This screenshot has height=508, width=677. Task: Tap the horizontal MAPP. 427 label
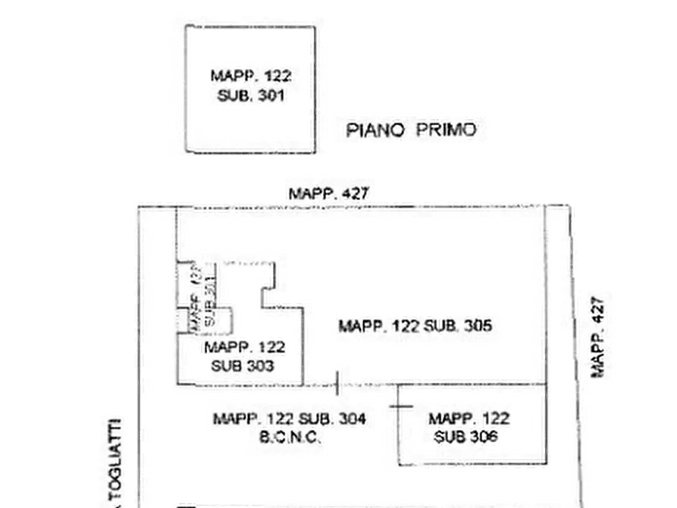pyautogui.click(x=328, y=193)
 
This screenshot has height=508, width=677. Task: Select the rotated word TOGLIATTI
pyautogui.click(x=116, y=459)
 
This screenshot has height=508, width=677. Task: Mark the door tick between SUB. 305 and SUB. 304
pyautogui.click(x=337, y=384)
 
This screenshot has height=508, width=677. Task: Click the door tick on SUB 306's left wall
pyautogui.click(x=398, y=406)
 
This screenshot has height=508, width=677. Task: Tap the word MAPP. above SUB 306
pyautogui.click(x=453, y=418)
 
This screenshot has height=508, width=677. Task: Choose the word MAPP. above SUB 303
pyautogui.click(x=227, y=347)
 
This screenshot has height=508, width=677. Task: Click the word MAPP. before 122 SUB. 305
pyautogui.click(x=363, y=327)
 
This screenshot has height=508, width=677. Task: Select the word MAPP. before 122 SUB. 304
pyautogui.click(x=238, y=418)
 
